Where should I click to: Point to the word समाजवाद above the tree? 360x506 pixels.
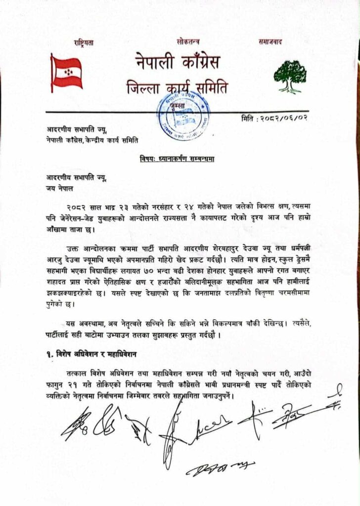[270, 42]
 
